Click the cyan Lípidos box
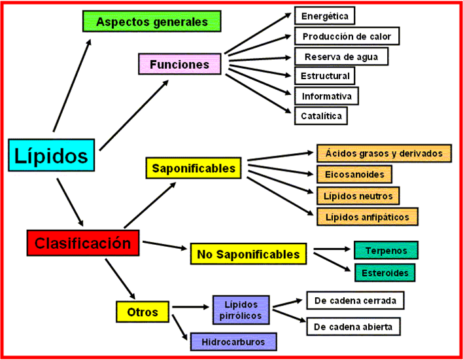[51, 156]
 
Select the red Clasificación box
[83, 243]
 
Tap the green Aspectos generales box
[152, 22]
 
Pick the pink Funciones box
[180, 64]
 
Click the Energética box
[324, 15]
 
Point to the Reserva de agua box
[341, 56]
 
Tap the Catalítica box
[320, 115]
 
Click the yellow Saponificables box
[193, 168]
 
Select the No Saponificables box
[249, 253]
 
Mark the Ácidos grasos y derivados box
[385, 153]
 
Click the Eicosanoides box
[354, 174]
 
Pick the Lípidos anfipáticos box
[367, 215]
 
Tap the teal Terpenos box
[385, 250]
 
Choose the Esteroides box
[385, 272]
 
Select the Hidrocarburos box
[233, 342]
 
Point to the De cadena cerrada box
[355, 300]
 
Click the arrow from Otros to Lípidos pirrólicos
[190, 306]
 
